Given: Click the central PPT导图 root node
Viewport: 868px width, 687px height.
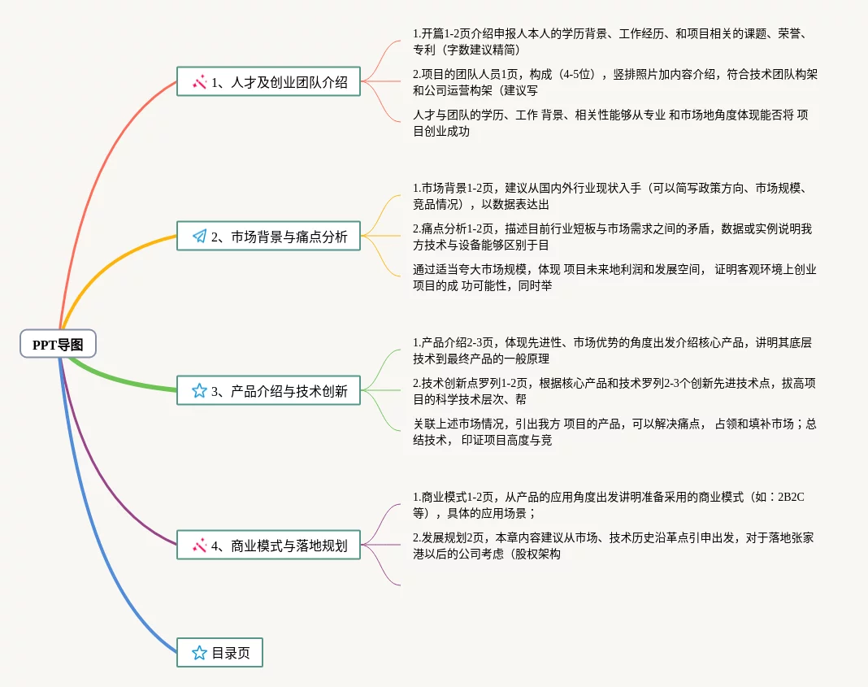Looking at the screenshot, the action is (x=58, y=344).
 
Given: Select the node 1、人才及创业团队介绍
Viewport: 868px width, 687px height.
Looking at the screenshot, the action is (x=268, y=81).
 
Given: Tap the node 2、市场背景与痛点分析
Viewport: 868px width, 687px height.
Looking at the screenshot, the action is (x=268, y=237).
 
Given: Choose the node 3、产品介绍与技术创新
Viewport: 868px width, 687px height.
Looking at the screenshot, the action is (x=268, y=391).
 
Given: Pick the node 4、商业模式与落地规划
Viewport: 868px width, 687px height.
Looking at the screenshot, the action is (x=268, y=546).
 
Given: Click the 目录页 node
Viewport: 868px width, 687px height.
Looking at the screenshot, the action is (x=219, y=653).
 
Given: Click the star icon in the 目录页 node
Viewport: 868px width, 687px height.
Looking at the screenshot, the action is (x=199, y=653).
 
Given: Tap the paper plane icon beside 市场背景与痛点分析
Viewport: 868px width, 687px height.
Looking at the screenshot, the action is (x=199, y=237).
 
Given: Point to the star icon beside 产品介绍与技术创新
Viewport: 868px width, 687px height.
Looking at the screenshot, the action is (x=199, y=391).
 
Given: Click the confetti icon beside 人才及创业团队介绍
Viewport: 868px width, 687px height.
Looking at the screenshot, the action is (x=199, y=81).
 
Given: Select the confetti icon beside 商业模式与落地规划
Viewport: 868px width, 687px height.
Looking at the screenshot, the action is (x=199, y=546).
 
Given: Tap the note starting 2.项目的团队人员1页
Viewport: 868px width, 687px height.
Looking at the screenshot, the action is (x=614, y=82).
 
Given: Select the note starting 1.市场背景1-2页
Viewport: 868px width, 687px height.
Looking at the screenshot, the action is (x=610, y=196).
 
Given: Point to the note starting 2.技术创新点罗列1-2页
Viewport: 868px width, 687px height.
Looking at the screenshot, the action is (x=614, y=391).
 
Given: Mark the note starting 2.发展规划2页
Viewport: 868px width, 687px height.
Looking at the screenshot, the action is (x=613, y=546).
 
